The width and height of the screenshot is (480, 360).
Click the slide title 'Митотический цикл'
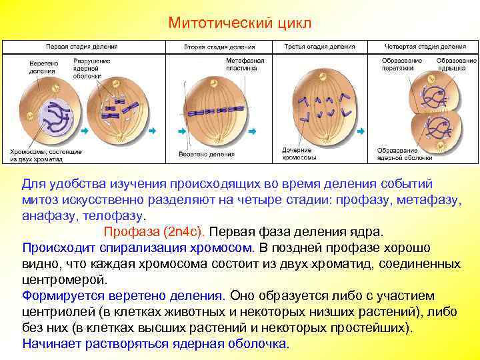239,23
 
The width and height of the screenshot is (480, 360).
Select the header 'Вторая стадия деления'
219,48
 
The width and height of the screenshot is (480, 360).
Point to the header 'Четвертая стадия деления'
426,48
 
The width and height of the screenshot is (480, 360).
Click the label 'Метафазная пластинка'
245,65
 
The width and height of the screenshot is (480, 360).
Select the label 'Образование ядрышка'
457,65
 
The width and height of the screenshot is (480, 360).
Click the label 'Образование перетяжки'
402,65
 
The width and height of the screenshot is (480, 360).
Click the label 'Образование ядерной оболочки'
405,154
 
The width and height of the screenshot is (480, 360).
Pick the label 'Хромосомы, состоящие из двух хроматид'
45,155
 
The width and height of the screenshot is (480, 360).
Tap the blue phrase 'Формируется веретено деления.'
123,295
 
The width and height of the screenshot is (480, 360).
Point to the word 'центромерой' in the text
64,280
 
